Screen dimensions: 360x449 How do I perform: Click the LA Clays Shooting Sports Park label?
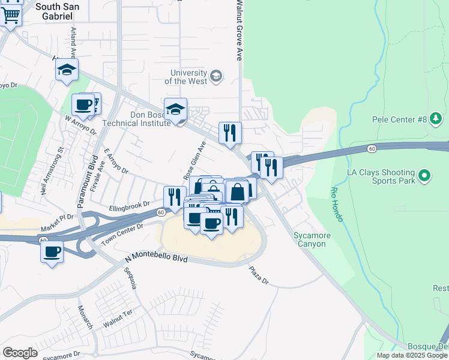(381, 176)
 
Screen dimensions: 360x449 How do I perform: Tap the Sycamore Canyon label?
(310, 239)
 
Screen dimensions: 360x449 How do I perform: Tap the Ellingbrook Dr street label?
(129, 207)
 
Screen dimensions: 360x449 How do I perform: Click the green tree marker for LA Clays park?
(425, 176)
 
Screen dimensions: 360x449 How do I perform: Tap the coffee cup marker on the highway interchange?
(52, 251)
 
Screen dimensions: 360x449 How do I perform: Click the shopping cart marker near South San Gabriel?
(11, 14)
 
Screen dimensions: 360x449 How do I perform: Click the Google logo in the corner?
(20, 353)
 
